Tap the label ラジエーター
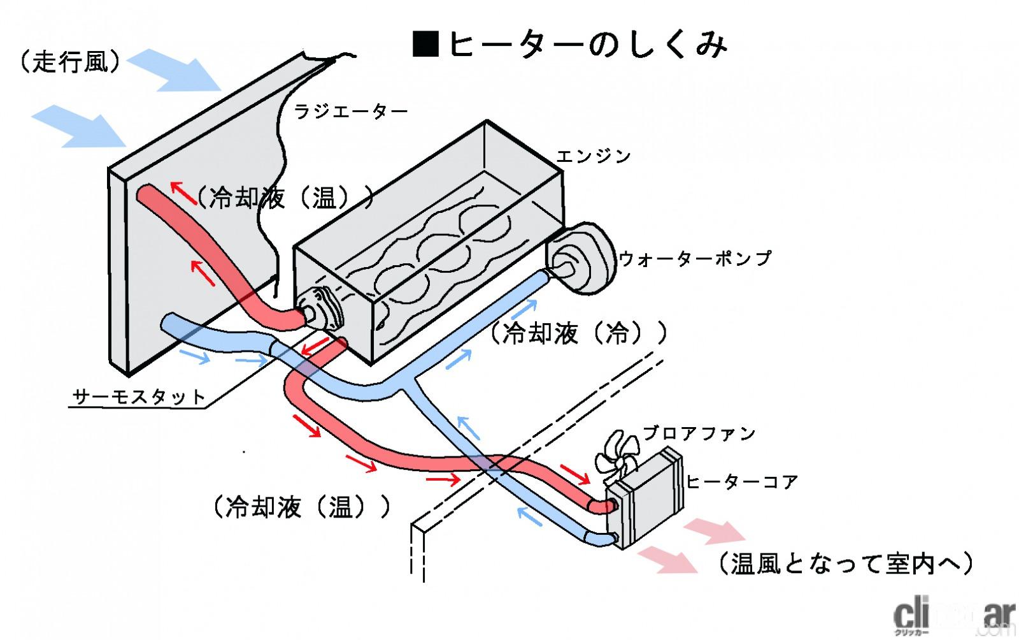tap(350, 112)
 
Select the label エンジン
tap(593, 156)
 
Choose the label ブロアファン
tap(699, 433)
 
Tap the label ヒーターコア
tap(742, 482)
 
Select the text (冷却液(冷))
tap(578, 333)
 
